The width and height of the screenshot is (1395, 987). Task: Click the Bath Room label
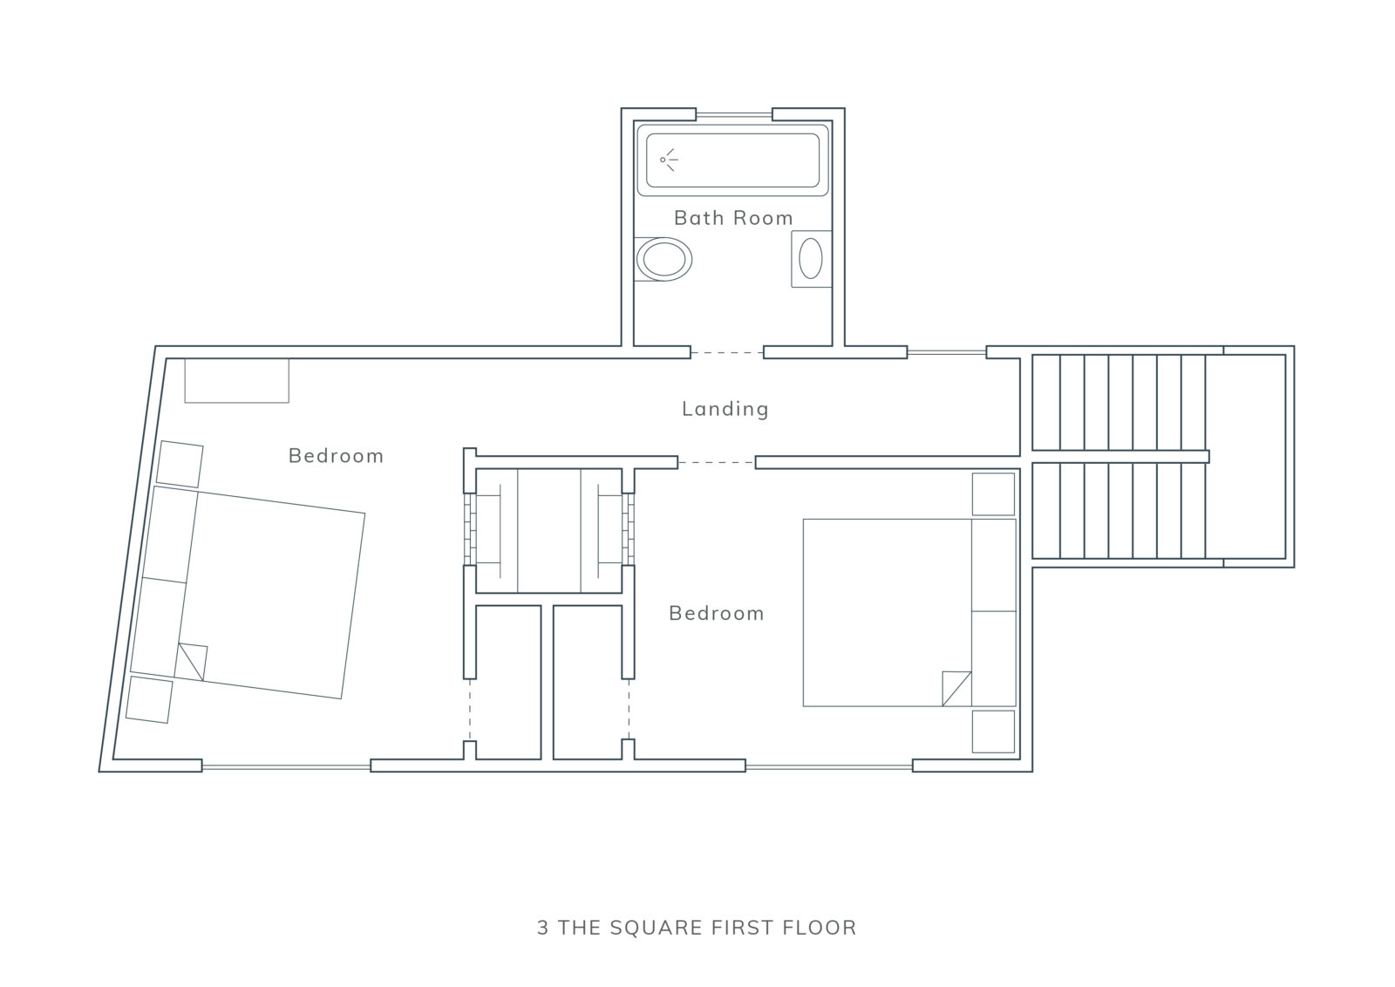tap(733, 218)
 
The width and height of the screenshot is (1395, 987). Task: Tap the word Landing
tap(725, 409)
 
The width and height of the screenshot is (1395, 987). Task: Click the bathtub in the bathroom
tap(733, 160)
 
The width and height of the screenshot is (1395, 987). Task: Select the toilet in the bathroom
tap(663, 259)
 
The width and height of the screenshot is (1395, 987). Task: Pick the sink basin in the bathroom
tap(812, 258)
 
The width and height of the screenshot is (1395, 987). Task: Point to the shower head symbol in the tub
tap(669, 160)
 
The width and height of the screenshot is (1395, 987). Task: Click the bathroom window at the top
tap(733, 114)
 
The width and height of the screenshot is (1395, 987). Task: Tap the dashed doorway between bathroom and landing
tap(727, 352)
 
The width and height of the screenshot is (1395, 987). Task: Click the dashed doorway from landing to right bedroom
tap(716, 463)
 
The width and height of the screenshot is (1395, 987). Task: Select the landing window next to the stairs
tap(947, 352)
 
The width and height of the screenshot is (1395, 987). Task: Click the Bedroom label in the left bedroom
tap(336, 456)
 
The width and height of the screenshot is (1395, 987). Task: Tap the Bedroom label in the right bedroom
tap(716, 613)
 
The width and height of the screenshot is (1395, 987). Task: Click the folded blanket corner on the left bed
tap(192, 661)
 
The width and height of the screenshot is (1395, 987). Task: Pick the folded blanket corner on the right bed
tap(956, 688)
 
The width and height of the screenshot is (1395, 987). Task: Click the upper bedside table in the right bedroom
tap(993, 494)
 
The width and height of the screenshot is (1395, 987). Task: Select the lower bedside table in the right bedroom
tap(993, 731)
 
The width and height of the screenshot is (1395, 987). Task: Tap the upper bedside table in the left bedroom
tap(180, 465)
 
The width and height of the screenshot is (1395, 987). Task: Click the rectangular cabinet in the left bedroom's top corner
tap(236, 380)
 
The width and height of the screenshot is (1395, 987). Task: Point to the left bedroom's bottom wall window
tap(286, 767)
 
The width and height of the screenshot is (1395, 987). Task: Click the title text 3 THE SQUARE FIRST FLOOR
tap(697, 927)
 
